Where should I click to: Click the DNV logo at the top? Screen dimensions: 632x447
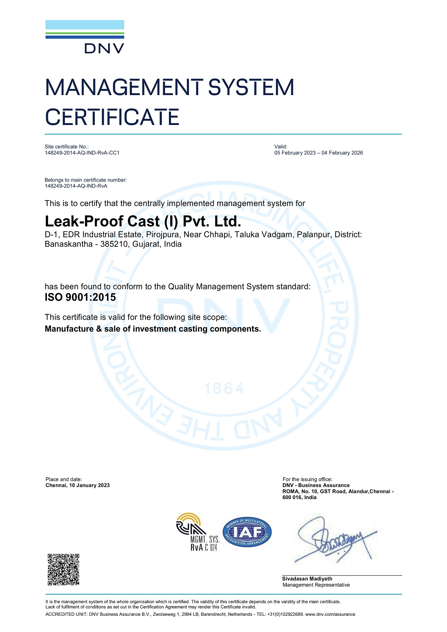(x=85, y=37)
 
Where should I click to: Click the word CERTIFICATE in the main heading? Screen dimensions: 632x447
(x=112, y=117)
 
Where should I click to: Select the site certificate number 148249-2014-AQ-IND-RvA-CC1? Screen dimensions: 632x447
(x=82, y=153)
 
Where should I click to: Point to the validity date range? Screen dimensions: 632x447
(x=318, y=153)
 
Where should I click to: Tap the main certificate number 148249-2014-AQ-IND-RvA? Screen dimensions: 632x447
(x=76, y=186)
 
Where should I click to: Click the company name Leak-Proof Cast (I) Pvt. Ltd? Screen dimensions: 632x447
(x=143, y=221)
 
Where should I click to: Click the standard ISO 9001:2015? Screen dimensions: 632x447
(x=80, y=297)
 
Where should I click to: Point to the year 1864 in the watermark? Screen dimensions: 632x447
(x=224, y=389)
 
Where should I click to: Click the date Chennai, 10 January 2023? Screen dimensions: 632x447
(x=77, y=485)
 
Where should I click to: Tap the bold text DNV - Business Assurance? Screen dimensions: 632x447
(x=316, y=485)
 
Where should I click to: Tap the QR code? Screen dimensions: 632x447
(x=63, y=569)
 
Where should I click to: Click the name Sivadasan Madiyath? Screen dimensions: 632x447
(x=307, y=579)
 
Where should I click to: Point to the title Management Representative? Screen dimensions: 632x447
(x=316, y=585)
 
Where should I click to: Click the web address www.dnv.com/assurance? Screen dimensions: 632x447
(x=330, y=614)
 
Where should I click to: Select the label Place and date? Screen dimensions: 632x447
(x=64, y=479)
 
